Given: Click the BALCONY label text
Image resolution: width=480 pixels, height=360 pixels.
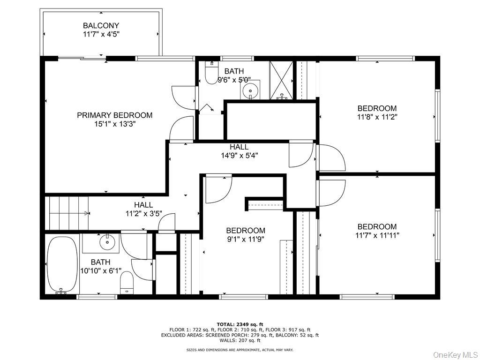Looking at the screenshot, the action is [101, 25].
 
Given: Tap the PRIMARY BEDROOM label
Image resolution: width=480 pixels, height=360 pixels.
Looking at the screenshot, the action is [115, 115].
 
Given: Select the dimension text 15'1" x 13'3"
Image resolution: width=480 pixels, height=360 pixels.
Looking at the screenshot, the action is [115, 124].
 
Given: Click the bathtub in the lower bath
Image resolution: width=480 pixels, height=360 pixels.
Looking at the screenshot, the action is [62, 264].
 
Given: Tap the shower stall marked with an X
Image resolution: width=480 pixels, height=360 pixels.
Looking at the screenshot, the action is [281, 80].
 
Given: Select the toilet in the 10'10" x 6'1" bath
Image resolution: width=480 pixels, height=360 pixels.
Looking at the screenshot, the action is [127, 283].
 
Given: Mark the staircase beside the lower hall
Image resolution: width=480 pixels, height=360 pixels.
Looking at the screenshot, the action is [67, 213].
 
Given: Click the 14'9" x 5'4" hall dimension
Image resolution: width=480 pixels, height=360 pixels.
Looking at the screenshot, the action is [240, 156].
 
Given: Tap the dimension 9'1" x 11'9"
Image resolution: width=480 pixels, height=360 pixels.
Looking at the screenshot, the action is [245, 239].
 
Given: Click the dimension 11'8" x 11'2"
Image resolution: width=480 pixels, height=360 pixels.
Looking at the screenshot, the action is [377, 117].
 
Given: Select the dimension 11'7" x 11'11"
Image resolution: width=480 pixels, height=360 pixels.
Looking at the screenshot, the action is [377, 235].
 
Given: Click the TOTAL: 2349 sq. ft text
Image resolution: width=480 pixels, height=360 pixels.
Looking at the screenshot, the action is [240, 324].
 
